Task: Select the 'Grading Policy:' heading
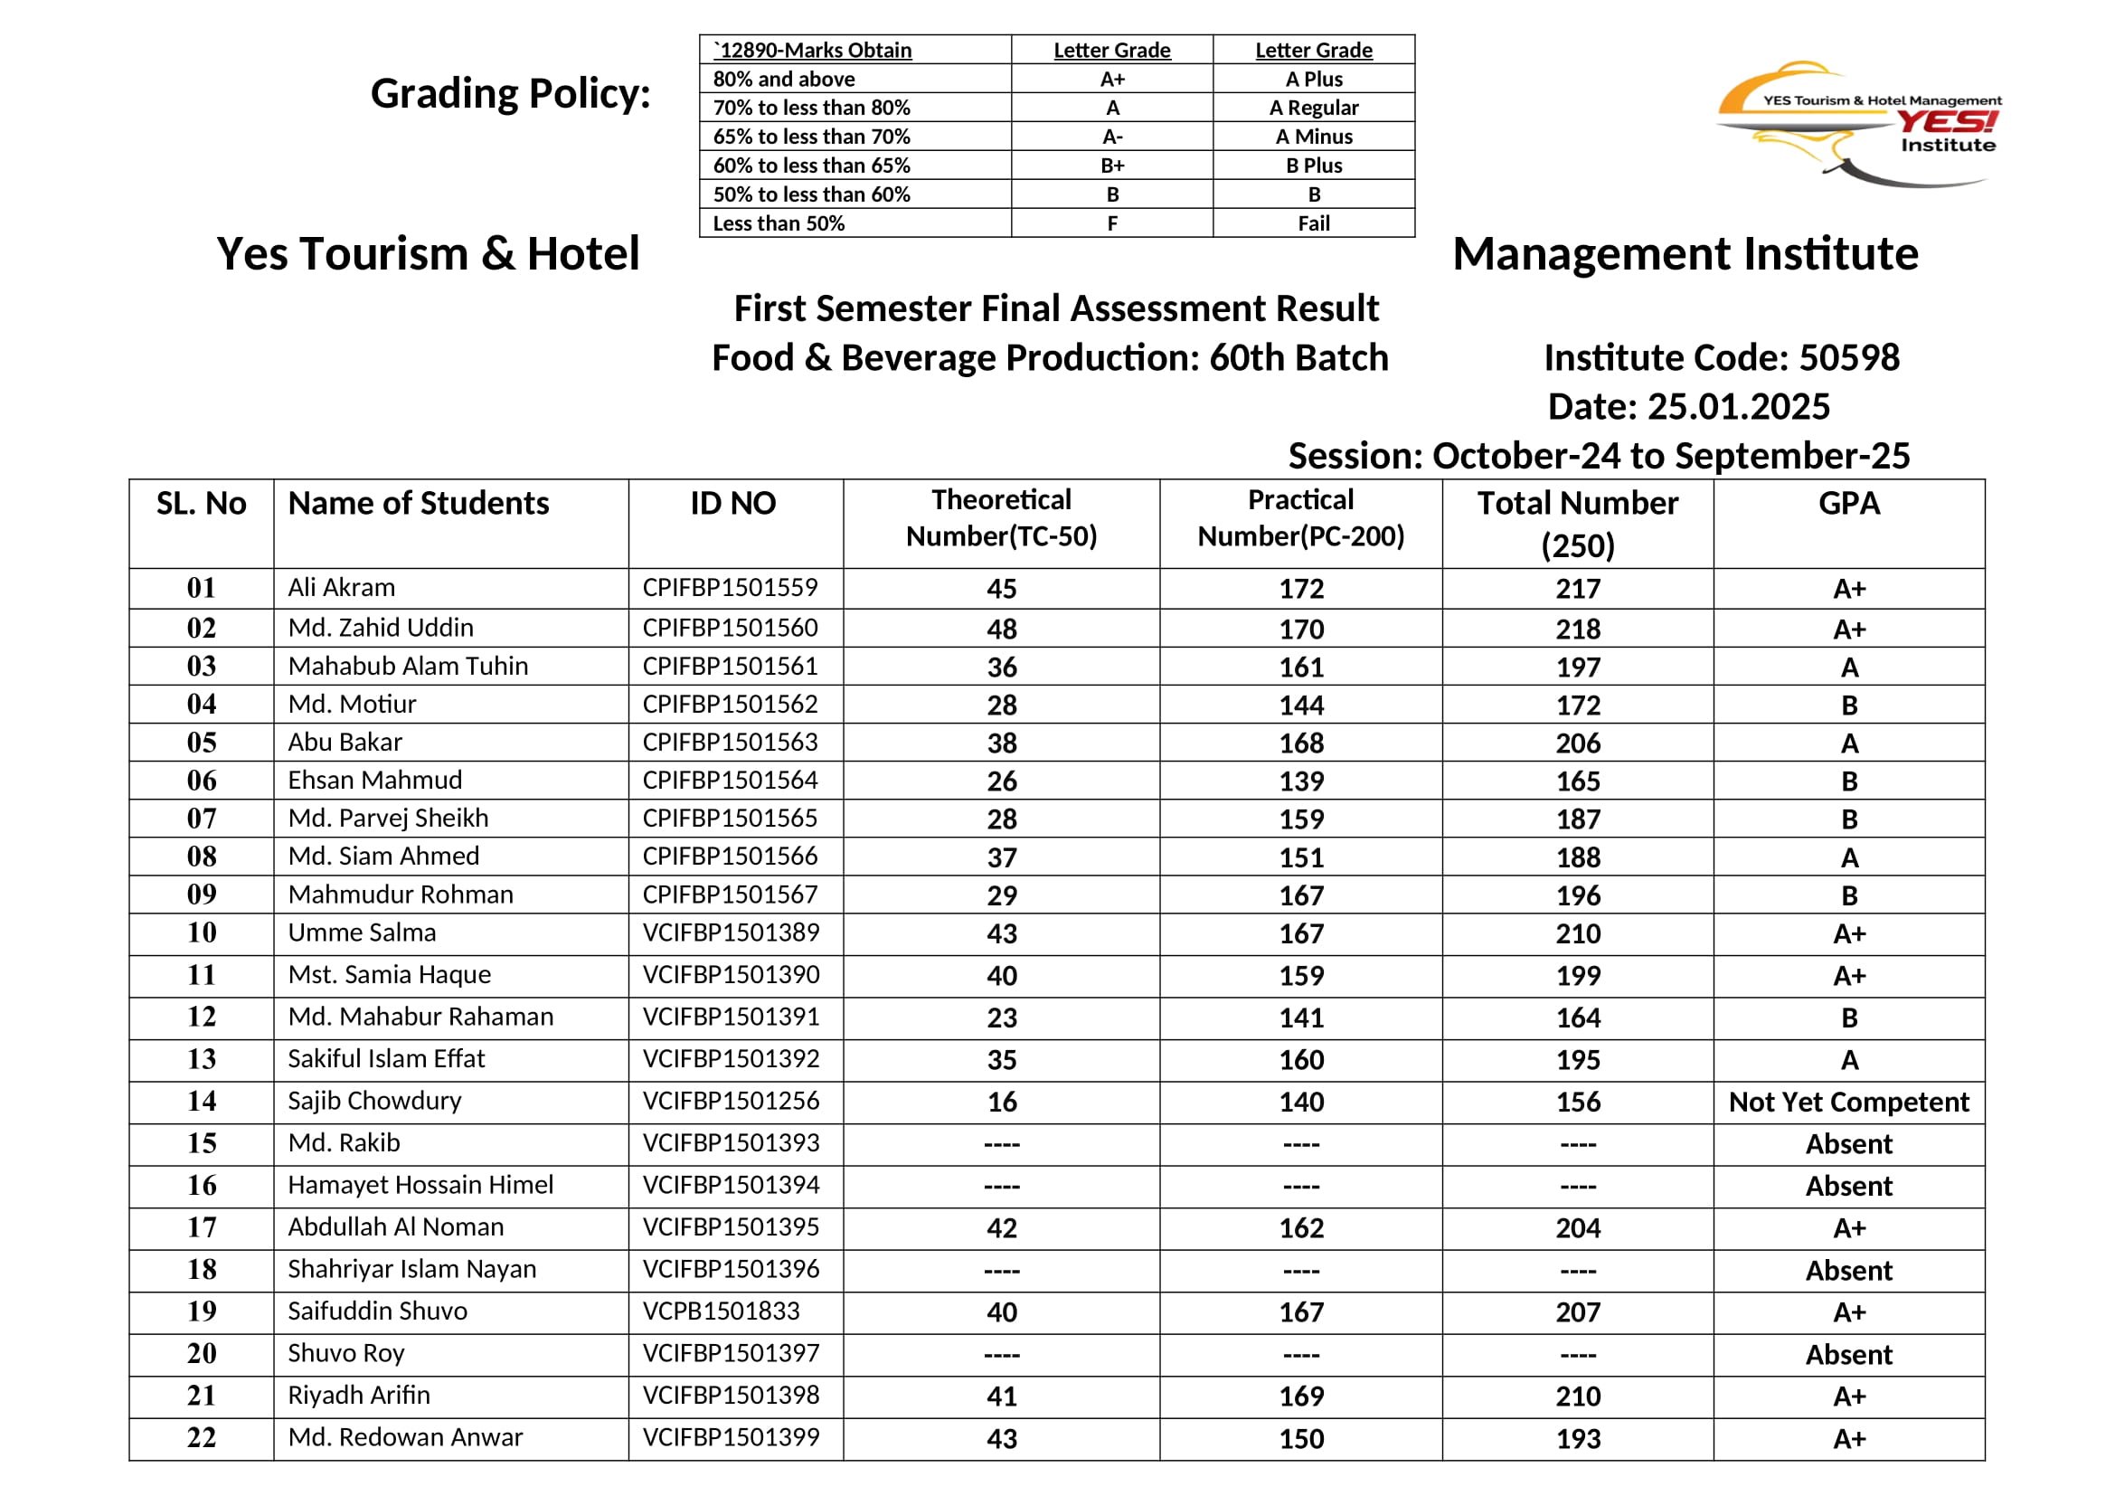[x=510, y=94]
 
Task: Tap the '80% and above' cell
[x=784, y=80]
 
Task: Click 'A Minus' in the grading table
[x=1314, y=137]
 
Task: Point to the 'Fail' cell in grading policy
[x=1314, y=223]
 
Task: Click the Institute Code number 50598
[x=1849, y=357]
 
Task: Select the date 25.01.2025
[x=1738, y=406]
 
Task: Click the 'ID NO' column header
[x=733, y=503]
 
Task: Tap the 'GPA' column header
[x=1849, y=503]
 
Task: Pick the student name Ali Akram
[x=342, y=588]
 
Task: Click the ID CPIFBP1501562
[x=731, y=704]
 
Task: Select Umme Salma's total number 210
[x=1578, y=933]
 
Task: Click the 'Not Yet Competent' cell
[x=1849, y=1102]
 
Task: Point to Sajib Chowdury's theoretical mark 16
[x=1001, y=1102]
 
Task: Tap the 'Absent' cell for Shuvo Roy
[x=1849, y=1354]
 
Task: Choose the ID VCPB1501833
[x=722, y=1311]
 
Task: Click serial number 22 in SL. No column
[x=202, y=1437]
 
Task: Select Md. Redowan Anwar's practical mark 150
[x=1300, y=1439]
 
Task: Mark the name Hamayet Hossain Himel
[x=421, y=1185]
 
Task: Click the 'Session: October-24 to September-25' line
[x=1600, y=456]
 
